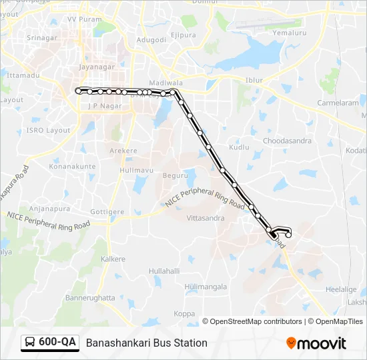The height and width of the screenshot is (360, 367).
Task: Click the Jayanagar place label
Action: click(97, 67)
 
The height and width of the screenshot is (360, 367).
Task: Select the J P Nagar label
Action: click(102, 106)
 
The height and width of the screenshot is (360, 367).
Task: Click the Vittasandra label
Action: click(205, 218)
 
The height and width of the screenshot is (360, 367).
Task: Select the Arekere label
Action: click(123, 151)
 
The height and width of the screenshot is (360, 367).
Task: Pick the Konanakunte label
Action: click(71, 165)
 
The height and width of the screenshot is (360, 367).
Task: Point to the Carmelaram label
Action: click(338, 104)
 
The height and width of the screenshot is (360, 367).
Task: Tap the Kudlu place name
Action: click(238, 146)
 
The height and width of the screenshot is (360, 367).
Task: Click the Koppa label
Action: click(184, 313)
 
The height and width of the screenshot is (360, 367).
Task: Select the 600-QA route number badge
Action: click(57, 342)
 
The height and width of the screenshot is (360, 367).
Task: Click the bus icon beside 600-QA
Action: click(31, 343)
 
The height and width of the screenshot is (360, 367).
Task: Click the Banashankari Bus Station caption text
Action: click(146, 343)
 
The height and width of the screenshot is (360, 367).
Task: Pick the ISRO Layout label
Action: click(49, 130)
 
